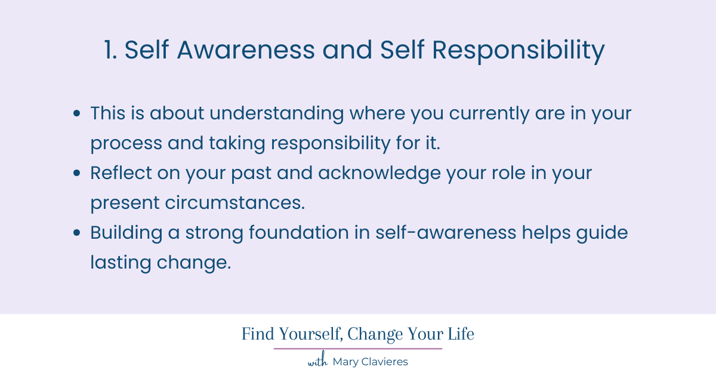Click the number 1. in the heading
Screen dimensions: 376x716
111,51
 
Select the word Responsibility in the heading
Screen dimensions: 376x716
519,51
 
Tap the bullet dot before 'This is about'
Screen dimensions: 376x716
76,113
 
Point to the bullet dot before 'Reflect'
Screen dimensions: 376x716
76,173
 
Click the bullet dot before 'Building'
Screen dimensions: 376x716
76,233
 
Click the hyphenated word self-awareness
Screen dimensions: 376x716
446,233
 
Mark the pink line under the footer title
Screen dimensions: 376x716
358,349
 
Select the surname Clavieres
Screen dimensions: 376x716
383,362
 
